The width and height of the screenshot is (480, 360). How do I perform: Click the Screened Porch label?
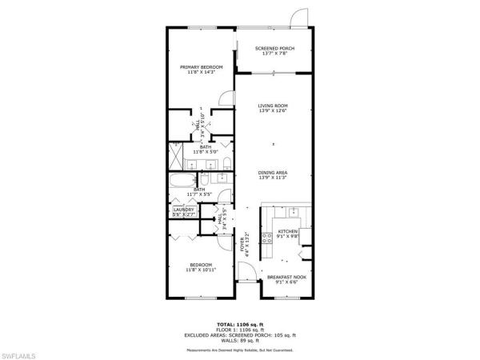click(274, 49)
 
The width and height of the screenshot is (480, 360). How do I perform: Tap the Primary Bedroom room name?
click(201, 66)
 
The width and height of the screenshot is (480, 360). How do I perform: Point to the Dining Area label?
click(273, 173)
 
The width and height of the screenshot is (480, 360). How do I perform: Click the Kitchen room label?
click(287, 232)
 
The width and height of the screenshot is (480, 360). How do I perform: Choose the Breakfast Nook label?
click(287, 277)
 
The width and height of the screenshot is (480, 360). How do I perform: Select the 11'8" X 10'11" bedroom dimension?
click(201, 270)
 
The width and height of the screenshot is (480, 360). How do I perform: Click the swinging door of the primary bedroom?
click(227, 100)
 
